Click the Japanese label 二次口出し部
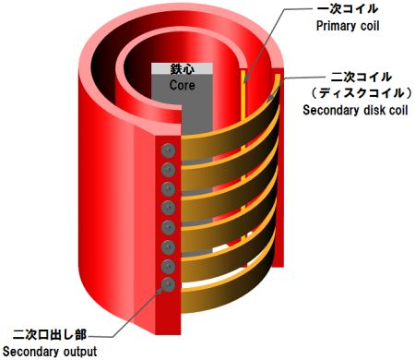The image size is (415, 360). click(x=48, y=334)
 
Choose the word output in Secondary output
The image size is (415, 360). click(x=77, y=352)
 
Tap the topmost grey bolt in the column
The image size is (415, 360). click(x=168, y=150)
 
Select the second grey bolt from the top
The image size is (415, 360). click(x=168, y=170)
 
